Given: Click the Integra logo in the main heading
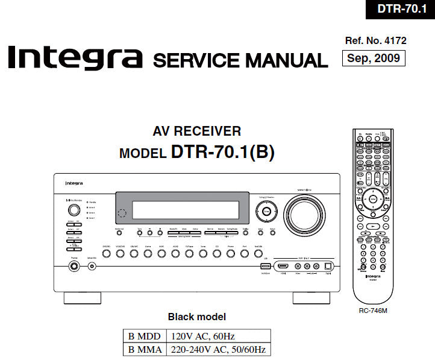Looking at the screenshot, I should [75, 58].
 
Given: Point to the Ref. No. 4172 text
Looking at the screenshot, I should [375, 41].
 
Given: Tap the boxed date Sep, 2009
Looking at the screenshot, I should [373, 58].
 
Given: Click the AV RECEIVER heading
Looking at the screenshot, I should [196, 131].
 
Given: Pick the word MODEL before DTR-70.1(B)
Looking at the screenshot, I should [142, 153].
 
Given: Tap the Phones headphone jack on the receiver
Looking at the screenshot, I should [74, 266].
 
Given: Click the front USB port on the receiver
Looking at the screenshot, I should [265, 266].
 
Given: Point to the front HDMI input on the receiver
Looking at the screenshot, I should [282, 266].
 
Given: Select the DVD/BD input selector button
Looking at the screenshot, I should [106, 254].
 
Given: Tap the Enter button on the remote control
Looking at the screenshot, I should [374, 198].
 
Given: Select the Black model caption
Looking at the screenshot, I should [196, 317].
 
